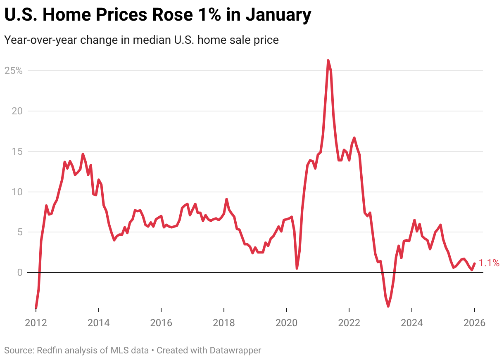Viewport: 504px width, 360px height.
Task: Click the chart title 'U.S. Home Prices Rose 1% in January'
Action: pos(157,15)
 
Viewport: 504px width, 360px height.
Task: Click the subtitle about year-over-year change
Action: pos(141,40)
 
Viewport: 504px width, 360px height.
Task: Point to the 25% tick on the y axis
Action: pos(13,71)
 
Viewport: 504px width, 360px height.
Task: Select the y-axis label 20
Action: pos(16,111)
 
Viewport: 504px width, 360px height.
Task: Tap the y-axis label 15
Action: pos(16,152)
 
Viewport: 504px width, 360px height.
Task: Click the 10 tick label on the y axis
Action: pos(16,192)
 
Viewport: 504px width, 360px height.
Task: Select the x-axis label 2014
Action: pos(99,322)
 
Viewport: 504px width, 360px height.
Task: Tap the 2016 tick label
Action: pos(161,322)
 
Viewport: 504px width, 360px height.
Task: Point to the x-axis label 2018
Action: pos(224,322)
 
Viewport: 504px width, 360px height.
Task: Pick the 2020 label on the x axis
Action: pos(287,322)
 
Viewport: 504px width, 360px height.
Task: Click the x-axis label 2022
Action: pos(349,322)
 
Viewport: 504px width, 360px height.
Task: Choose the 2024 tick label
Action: pos(412,322)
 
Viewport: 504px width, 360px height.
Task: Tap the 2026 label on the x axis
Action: pos(474,322)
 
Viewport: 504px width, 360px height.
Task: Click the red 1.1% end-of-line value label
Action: pos(489,263)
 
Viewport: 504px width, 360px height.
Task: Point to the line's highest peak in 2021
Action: pos(328,61)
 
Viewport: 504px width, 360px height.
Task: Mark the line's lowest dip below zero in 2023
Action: pos(388,306)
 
